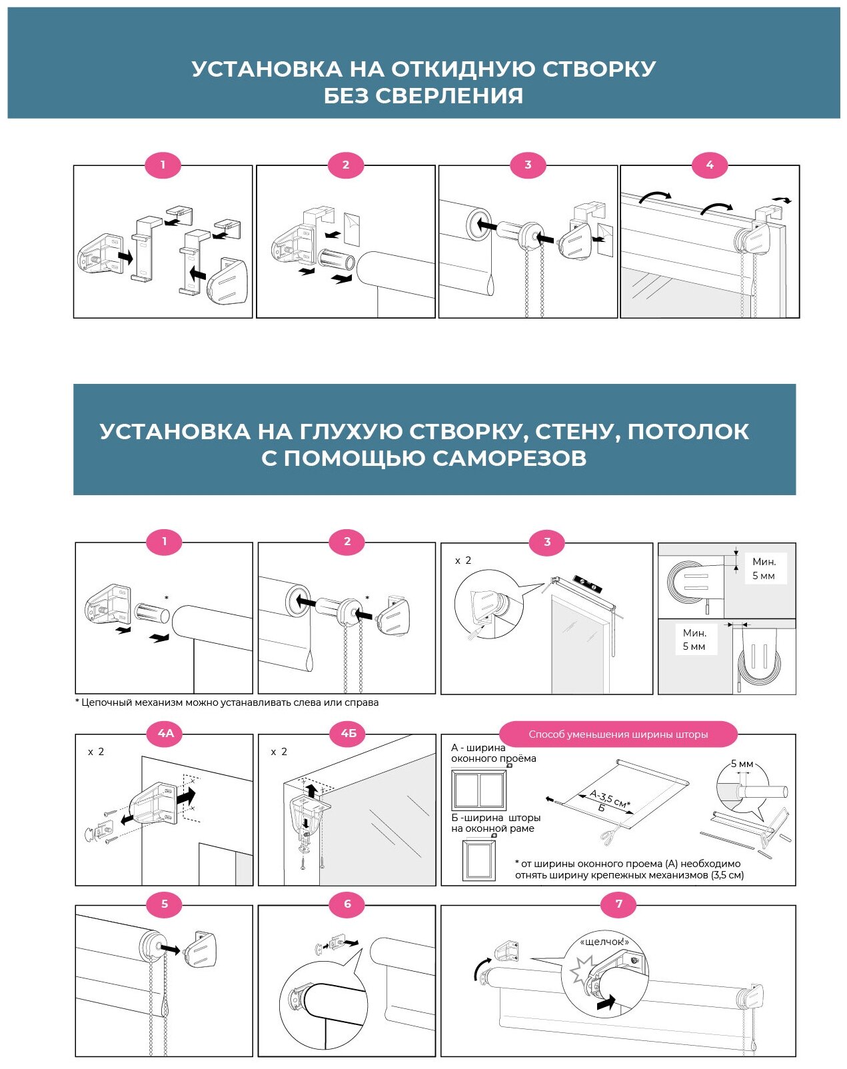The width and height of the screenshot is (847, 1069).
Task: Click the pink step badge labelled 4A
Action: (166, 733)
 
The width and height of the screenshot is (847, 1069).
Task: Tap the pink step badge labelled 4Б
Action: (349, 733)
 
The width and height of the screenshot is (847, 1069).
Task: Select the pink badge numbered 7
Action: (618, 904)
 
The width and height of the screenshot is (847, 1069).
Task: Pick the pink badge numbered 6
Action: (347, 904)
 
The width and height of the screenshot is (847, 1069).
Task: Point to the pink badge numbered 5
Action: (165, 904)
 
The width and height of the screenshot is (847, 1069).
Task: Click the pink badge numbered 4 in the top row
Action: (710, 165)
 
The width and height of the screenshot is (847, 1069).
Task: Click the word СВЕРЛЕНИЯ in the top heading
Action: (450, 96)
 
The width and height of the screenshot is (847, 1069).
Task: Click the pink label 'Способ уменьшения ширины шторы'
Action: (618, 734)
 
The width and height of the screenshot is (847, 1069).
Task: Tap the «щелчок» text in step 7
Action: (604, 942)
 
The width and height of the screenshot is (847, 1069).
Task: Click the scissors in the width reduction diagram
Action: (611, 833)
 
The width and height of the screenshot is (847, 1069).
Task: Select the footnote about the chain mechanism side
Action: (227, 702)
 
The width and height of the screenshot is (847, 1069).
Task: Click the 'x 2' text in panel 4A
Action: (96, 752)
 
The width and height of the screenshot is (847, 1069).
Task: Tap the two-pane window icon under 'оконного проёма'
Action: (478, 789)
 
